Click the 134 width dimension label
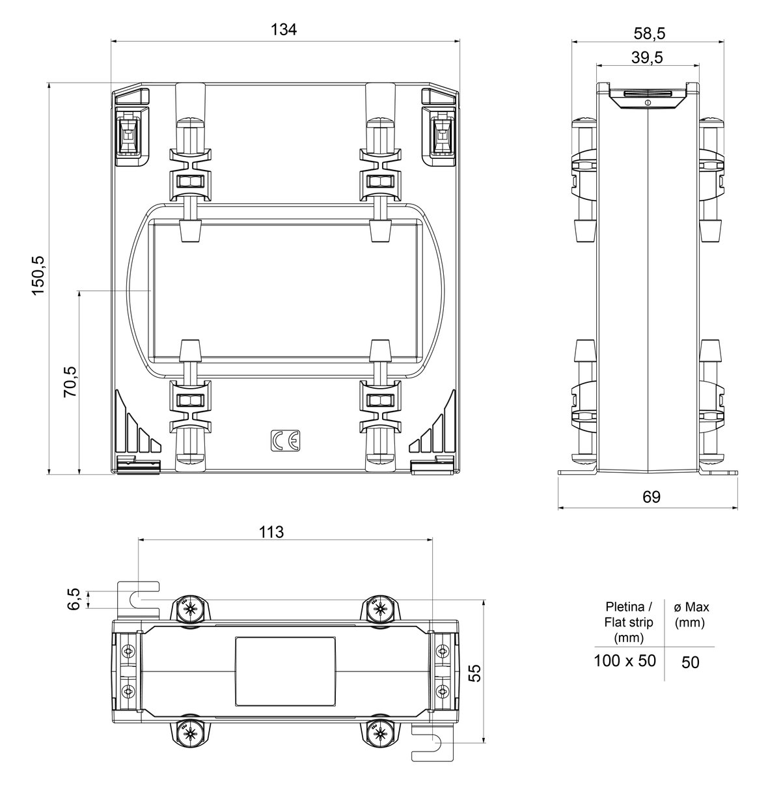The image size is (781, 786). (x=284, y=30)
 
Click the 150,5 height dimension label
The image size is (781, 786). (x=39, y=276)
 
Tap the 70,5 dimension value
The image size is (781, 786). (x=70, y=382)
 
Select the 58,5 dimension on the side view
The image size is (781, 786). (x=650, y=33)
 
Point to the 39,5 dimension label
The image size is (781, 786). (x=647, y=57)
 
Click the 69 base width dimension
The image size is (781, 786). (x=651, y=496)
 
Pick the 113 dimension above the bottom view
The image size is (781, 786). (x=271, y=532)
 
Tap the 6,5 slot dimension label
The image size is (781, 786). (x=74, y=599)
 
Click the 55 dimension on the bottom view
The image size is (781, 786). (x=474, y=673)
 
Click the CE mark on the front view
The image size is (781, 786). (x=285, y=440)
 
